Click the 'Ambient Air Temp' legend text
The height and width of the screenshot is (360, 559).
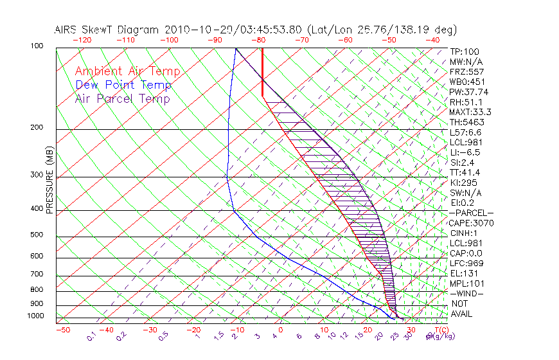coord(128,71)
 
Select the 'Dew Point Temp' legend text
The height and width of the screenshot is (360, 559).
coord(123,85)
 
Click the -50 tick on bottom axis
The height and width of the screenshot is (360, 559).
coord(62,329)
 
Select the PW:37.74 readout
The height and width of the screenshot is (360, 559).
coord(468,92)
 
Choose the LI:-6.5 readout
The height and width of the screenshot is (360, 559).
coord(465,152)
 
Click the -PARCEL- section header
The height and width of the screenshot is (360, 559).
coord(471,213)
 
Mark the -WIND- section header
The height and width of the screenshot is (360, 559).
coord(466,293)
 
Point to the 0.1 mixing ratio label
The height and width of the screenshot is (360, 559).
coord(91,336)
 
